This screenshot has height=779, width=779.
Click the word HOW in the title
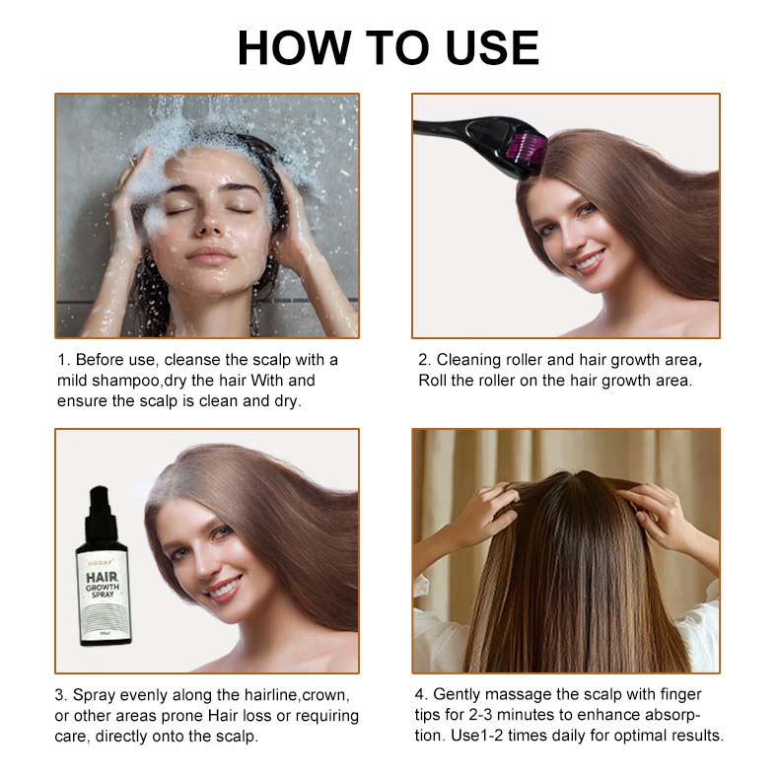coord(294,47)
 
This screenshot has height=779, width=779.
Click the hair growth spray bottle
coord(104,566)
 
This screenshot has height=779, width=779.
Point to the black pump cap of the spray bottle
coord(100,512)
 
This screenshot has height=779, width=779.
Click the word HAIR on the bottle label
coord(102,577)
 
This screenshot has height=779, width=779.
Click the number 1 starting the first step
coord(61,360)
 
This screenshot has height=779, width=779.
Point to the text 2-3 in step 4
coord(480,715)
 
